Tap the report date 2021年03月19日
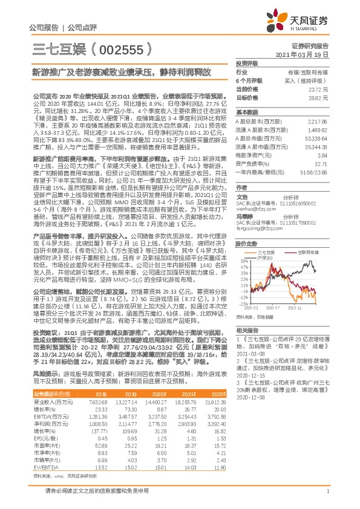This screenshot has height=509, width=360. [310, 54]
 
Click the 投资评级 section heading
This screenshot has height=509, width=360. [247, 63]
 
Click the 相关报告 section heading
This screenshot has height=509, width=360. [247, 330]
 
